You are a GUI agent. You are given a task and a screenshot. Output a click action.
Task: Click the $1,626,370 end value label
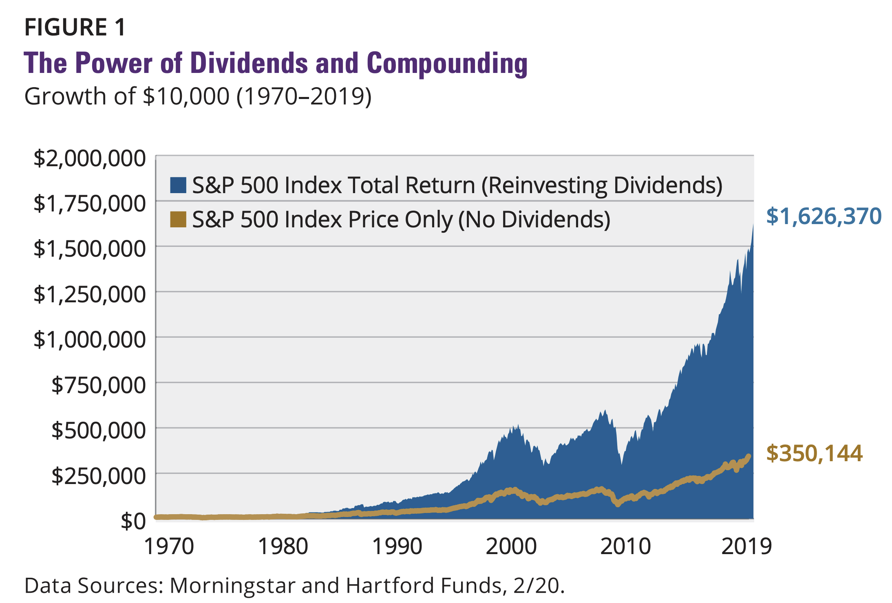(824, 216)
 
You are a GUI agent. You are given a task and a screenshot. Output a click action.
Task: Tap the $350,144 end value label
(814, 453)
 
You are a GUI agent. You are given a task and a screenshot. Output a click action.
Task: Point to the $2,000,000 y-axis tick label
(89, 158)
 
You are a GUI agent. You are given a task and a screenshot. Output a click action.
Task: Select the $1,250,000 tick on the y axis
(89, 294)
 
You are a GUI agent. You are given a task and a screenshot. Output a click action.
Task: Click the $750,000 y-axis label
(98, 385)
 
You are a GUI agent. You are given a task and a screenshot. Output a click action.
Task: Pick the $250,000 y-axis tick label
(98, 476)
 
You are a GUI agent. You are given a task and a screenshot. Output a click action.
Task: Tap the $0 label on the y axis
(133, 521)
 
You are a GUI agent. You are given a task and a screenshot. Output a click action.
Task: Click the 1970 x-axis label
(169, 547)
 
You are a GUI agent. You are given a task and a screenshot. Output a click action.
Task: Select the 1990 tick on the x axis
(397, 547)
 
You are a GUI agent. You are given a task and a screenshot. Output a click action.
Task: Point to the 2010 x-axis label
(625, 547)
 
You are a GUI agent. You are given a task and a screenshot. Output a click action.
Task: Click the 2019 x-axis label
(746, 547)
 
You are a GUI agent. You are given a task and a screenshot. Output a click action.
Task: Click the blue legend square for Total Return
(178, 185)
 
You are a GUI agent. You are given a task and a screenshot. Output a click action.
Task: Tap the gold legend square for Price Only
(178, 219)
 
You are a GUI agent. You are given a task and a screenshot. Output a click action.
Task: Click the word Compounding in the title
(447, 64)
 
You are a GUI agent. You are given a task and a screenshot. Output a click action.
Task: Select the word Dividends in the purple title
(249, 64)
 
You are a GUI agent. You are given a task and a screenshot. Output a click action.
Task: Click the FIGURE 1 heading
(75, 27)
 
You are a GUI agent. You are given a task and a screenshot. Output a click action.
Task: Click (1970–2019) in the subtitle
(304, 97)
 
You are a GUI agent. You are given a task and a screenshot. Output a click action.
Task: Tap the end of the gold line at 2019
(748, 457)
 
